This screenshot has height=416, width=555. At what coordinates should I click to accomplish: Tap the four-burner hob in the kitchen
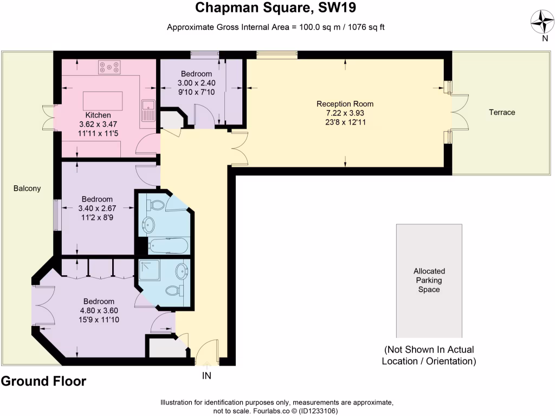pyautogui.click(x=109, y=68)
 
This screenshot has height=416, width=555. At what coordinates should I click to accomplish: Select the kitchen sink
pyautogui.click(x=147, y=110)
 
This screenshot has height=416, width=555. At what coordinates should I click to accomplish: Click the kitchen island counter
pyautogui.click(x=102, y=100)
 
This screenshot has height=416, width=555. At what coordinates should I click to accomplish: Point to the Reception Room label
pyautogui.click(x=345, y=104)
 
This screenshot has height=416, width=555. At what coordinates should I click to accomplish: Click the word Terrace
pyautogui.click(x=502, y=112)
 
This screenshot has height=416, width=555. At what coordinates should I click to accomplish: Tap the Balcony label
pyautogui.click(x=27, y=188)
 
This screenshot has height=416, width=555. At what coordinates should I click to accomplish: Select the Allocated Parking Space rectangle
pyautogui.click(x=429, y=281)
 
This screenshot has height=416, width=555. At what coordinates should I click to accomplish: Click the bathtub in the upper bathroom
pyautogui.click(x=168, y=246)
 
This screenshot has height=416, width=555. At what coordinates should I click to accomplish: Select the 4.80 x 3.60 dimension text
pyautogui.click(x=99, y=311)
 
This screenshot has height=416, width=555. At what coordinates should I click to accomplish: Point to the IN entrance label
pyautogui.click(x=206, y=375)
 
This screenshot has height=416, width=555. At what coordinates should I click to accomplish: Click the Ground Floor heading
pyautogui.click(x=43, y=381)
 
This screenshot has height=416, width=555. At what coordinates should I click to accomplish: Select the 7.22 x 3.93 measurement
pyautogui.click(x=345, y=113)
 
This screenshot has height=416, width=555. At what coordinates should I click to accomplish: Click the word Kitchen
pyautogui.click(x=98, y=115)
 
